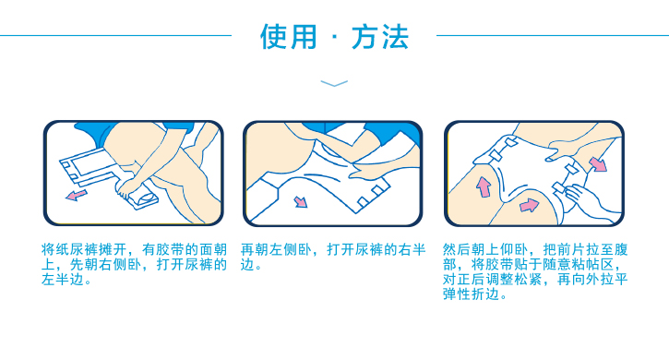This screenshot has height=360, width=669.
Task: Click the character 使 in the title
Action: pyautogui.click(x=274, y=36)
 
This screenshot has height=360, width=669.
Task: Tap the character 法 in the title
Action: pyautogui.click(x=395, y=36)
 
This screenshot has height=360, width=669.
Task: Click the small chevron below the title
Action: pyautogui.click(x=334, y=84)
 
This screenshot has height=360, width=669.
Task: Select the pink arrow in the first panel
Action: pyautogui.click(x=76, y=195)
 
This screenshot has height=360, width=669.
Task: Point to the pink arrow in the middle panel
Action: pyautogui.click(x=301, y=201)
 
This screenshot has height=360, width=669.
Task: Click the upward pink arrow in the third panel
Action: pyautogui.click(x=484, y=187)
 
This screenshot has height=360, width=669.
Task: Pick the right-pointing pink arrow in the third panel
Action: pyautogui.click(x=529, y=206)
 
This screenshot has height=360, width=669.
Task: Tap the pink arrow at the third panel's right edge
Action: pyautogui.click(x=598, y=164)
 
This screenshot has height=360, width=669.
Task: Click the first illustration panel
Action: pyautogui.click(x=133, y=174)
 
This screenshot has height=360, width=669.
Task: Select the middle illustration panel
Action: pyautogui.click(x=333, y=174)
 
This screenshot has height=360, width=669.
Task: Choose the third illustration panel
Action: pyautogui.click(x=534, y=174)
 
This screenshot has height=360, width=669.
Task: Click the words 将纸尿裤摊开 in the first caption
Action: pyautogui.click(x=84, y=250)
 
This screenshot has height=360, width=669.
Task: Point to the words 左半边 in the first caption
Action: pyautogui.click(x=63, y=280)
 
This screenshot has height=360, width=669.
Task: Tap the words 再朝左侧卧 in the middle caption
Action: pyautogui.click(x=276, y=250)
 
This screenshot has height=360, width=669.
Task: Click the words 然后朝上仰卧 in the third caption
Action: pyautogui.click(x=485, y=250)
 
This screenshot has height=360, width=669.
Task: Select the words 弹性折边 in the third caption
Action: pyautogui.click(x=471, y=294)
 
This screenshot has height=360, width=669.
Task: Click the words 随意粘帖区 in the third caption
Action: pyautogui.click(x=578, y=265)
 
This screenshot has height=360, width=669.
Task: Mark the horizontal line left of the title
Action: pyautogui.click(x=115, y=35)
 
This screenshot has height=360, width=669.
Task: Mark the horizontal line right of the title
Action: pyautogui.click(x=553, y=35)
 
